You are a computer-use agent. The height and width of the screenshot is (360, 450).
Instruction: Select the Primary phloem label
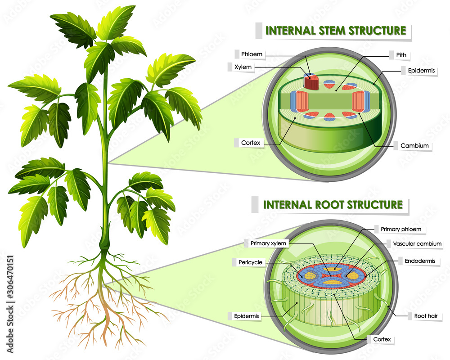(x=400, y=229)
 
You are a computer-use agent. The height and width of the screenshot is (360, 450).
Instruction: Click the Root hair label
(x=425, y=316)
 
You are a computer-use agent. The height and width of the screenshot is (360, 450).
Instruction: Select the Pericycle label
(x=251, y=262)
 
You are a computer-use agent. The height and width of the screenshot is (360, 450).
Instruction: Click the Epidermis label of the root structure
(x=247, y=316)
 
